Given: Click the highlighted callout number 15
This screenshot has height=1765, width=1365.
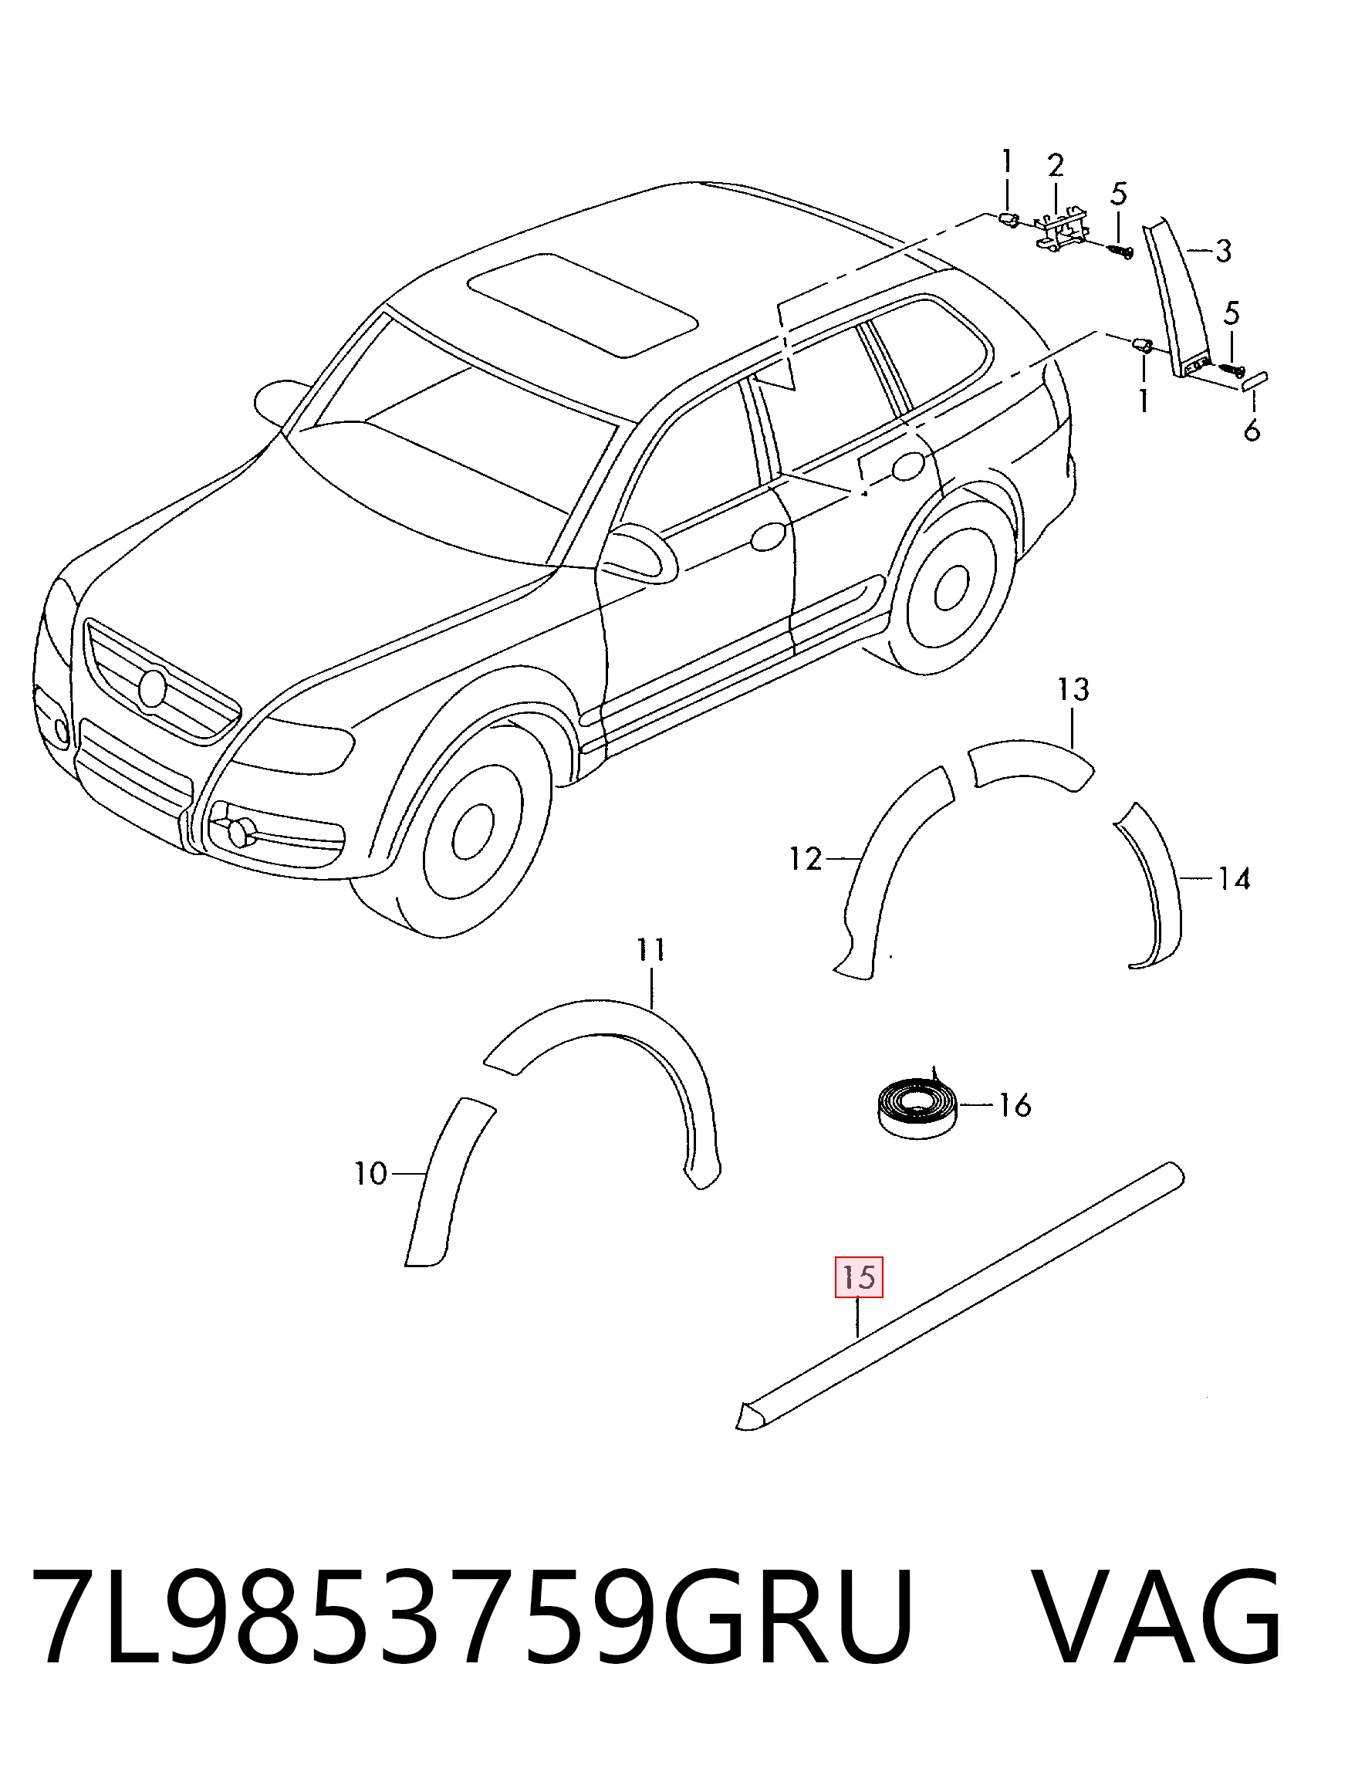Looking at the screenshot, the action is click(x=858, y=1278).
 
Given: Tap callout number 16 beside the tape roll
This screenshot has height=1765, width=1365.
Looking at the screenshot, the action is click(x=1015, y=1104).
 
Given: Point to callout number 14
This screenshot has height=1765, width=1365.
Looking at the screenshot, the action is click(x=1234, y=877).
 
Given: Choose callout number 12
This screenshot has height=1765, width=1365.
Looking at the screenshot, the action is click(x=805, y=858).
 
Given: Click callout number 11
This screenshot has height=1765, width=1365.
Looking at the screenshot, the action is click(x=650, y=949).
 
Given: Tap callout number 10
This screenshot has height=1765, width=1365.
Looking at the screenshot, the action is click(x=371, y=1173).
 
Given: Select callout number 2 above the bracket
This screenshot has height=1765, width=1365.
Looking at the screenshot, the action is click(x=1056, y=166).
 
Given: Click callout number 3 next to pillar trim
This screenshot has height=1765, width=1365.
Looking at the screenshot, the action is click(x=1224, y=252).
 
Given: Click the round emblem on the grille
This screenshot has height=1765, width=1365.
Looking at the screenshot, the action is click(x=151, y=688).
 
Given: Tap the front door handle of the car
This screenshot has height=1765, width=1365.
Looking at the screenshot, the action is click(x=767, y=536).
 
